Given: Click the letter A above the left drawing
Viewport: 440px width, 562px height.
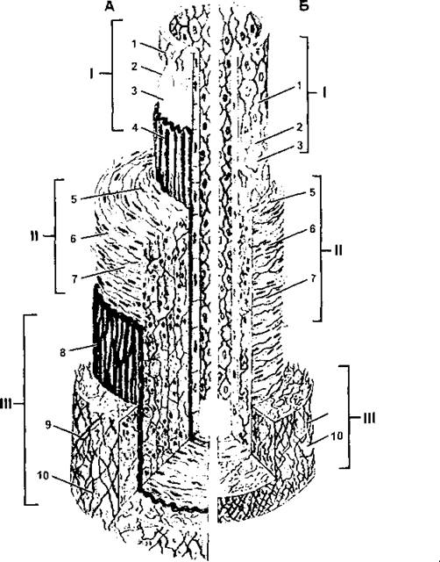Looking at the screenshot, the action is click(110, 6).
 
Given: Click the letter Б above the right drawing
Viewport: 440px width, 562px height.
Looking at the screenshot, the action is click(304, 6).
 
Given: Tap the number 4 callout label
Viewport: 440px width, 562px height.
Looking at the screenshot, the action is click(135, 127).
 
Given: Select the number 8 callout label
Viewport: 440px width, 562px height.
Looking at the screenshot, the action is click(63, 352).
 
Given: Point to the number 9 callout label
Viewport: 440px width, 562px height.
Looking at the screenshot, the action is click(49, 425).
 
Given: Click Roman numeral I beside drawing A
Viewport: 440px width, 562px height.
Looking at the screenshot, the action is click(91, 74).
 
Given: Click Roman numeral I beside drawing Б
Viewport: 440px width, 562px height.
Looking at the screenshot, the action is click(323, 93).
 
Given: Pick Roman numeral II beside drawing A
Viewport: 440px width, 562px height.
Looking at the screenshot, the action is click(35, 236).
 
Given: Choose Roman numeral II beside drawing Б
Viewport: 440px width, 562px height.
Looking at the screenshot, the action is click(338, 249).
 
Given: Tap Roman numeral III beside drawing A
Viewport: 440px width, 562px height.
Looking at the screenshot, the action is click(7, 404).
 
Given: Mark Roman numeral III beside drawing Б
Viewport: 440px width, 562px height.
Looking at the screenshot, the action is click(369, 418).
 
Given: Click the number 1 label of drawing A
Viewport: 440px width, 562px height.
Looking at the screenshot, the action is click(134, 44).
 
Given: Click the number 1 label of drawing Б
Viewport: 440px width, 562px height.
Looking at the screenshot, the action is click(300, 86).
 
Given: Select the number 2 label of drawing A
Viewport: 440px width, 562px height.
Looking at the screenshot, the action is click(134, 67).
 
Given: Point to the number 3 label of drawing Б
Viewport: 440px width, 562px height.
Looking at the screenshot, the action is click(300, 145).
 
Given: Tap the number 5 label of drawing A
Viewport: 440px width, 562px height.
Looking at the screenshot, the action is click(74, 199).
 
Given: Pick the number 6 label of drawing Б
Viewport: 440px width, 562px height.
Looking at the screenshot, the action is click(312, 228).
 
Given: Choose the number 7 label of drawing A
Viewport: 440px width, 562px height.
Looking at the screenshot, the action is click(74, 279).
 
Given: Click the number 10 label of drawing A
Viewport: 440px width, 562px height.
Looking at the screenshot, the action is click(43, 476).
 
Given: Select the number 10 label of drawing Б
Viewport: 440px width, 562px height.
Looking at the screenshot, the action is click(337, 436).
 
